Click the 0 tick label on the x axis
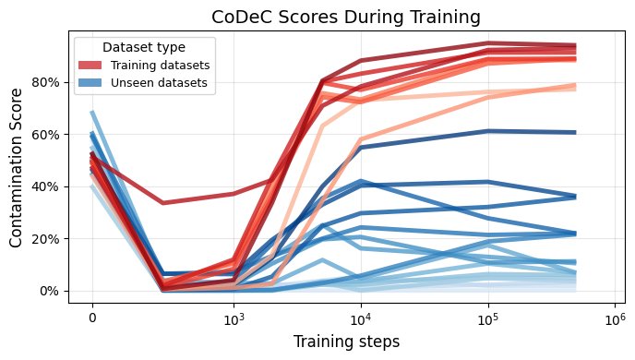(92, 317)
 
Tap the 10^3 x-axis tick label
(234, 317)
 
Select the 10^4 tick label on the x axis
(361, 317)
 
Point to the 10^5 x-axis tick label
(488, 317)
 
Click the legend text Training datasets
(161, 66)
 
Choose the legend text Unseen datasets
(158, 83)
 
